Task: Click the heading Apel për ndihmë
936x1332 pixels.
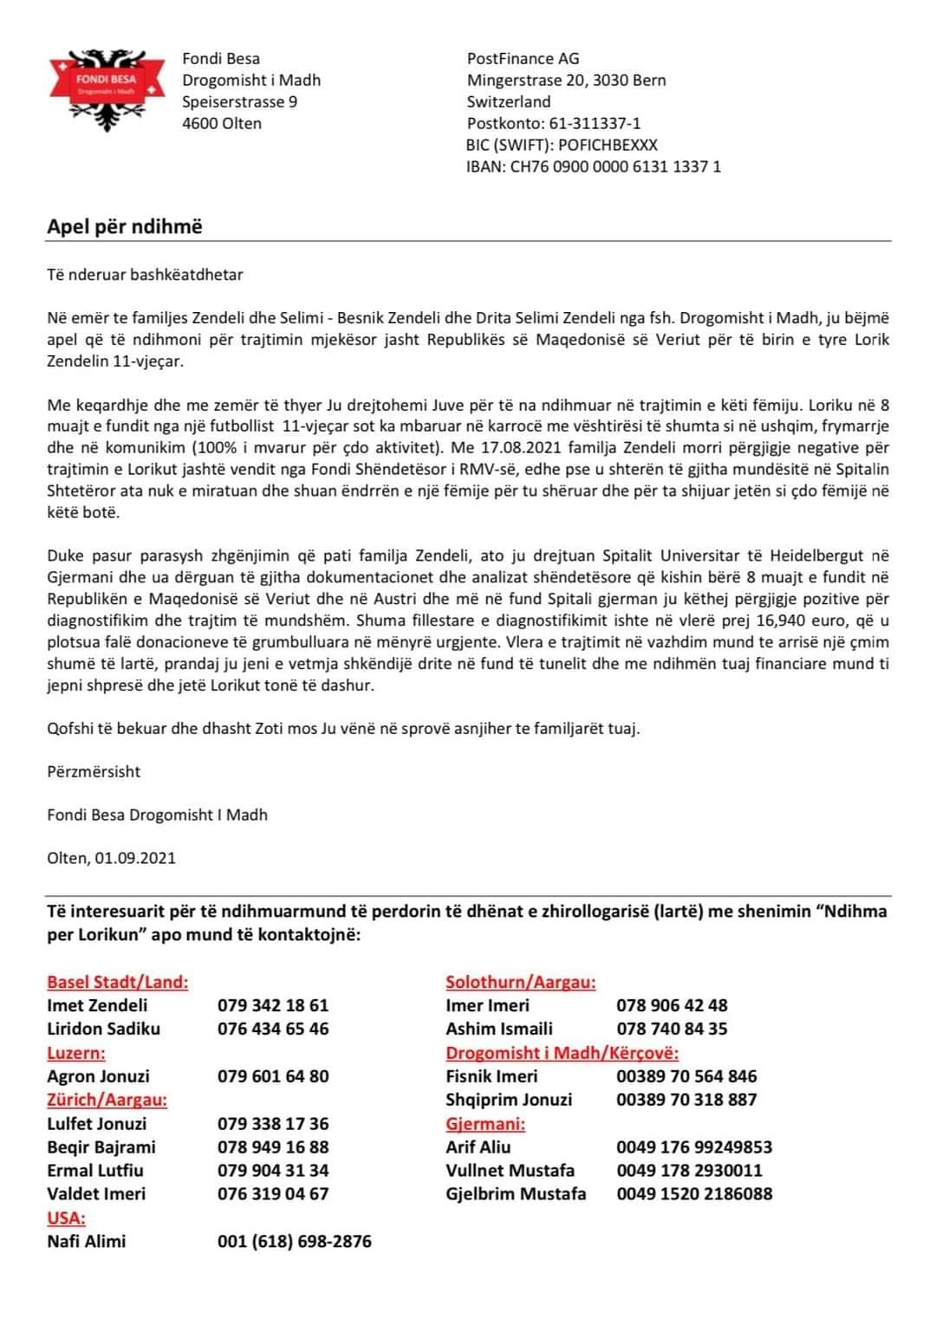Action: coord(124,227)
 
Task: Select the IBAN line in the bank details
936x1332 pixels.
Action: coord(593,166)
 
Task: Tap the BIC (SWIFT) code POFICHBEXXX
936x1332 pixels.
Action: coord(608,145)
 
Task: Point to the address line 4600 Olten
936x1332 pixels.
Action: coord(221,123)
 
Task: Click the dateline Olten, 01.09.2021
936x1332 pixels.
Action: coord(111,858)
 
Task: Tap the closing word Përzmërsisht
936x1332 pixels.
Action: coord(94,771)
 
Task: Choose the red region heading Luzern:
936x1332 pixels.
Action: coord(76,1053)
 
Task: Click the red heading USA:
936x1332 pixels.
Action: coord(66,1218)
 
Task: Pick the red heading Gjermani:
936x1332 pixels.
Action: coord(485,1123)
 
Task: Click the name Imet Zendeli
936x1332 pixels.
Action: coord(97,1005)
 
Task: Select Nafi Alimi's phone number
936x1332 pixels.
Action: coord(294,1241)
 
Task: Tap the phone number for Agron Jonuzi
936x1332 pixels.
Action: coord(273,1076)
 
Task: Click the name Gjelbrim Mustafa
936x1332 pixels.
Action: coord(516,1193)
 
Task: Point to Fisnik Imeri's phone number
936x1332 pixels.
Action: coord(686,1076)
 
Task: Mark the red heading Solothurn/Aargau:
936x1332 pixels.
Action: coord(520,982)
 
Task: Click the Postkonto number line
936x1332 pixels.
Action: coord(554,123)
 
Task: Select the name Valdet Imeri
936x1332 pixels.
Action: coord(96,1193)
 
